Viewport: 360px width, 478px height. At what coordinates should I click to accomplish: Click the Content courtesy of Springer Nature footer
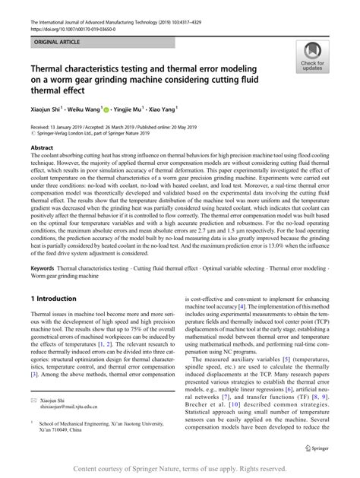(x=179, y=468)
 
